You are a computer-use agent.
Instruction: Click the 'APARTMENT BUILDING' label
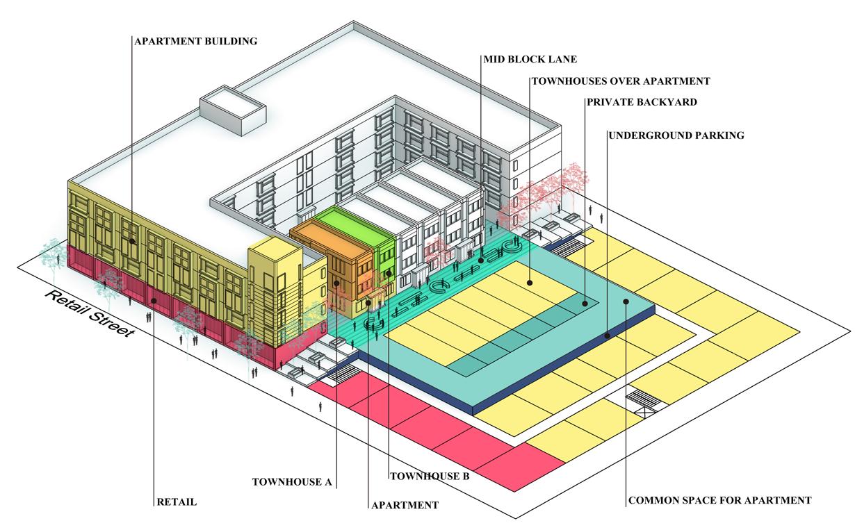(195, 41)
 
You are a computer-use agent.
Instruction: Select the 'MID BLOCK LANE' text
(530, 59)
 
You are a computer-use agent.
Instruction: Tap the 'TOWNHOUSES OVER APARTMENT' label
(621, 81)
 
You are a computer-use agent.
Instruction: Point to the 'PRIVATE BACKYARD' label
(641, 101)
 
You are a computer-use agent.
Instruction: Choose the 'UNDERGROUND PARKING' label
(676, 135)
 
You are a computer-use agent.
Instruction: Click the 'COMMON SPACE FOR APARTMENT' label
(719, 499)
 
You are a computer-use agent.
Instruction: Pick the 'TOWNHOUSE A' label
(293, 481)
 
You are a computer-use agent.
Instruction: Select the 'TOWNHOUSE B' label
(430, 477)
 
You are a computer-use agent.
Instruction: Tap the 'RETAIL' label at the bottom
(177, 501)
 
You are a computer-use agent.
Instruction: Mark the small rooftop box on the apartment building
(232, 111)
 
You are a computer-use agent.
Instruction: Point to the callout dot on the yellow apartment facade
(132, 241)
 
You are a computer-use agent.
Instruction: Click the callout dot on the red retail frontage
(153, 300)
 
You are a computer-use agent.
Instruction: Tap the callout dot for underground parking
(608, 336)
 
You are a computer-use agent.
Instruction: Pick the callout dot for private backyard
(585, 303)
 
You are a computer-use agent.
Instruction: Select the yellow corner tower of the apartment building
(275, 292)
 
